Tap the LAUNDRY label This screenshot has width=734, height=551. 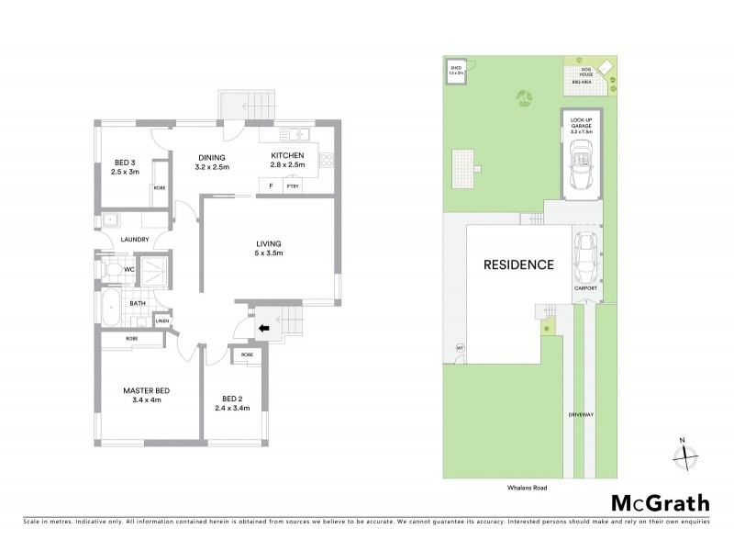[134, 241]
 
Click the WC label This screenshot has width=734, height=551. [129, 270]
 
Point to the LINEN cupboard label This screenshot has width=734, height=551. [161, 320]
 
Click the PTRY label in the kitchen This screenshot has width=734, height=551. [293, 186]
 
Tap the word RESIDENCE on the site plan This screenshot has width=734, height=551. [519, 265]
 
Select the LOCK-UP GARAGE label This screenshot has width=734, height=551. [582, 125]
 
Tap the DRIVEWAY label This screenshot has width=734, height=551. [582, 414]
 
